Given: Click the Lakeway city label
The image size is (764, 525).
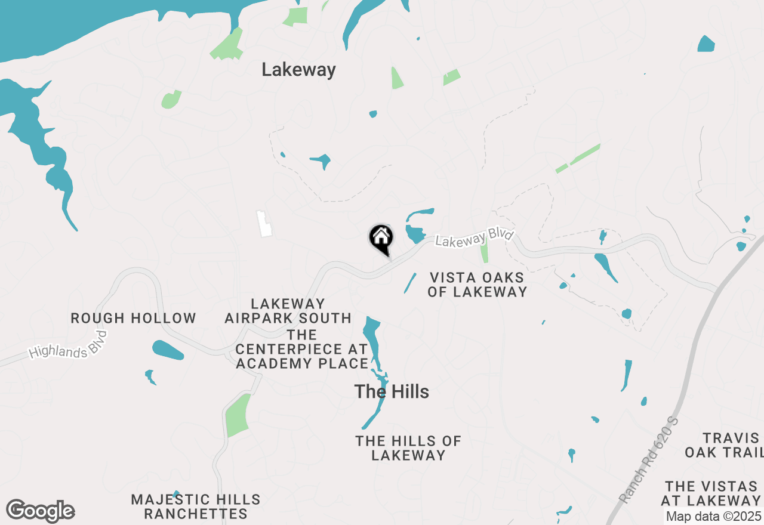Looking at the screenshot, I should coord(298,70).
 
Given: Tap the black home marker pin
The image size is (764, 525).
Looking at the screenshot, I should coord(381,239).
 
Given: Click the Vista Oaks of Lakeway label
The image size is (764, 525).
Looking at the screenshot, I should coord(477,285).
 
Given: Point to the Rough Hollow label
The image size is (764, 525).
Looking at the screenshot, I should coord(133,318).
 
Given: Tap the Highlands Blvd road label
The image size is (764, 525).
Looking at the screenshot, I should coord(67,347).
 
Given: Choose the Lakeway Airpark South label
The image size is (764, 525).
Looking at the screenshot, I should coord(288,311).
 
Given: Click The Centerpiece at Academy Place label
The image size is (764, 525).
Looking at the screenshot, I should coord(302,349).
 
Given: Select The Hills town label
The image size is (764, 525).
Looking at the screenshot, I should coord(392,391).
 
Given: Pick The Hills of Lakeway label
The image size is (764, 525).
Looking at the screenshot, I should coord(408,447).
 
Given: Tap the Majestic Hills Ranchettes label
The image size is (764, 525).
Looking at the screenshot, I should coord(196,506).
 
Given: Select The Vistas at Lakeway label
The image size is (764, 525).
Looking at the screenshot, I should coord(713,493).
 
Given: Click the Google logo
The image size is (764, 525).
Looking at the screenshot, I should coord(41,511).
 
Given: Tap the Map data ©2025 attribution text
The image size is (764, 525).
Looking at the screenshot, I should coord(713,516).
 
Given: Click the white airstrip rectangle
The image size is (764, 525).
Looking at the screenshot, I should coord(264,223).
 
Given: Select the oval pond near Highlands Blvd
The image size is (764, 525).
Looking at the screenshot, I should coord(168,350).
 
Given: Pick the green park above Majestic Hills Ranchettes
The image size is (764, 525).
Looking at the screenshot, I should coord(238,415).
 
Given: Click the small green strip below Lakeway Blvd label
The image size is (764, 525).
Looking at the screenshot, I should coord(484,253).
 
